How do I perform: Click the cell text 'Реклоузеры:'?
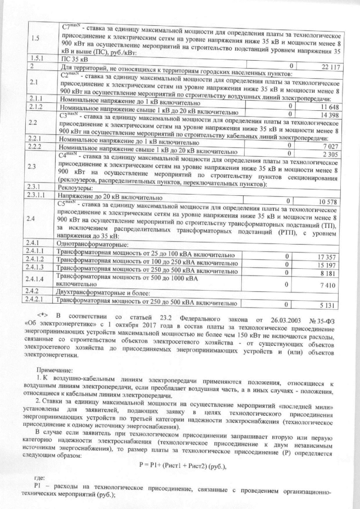point(77,192)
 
